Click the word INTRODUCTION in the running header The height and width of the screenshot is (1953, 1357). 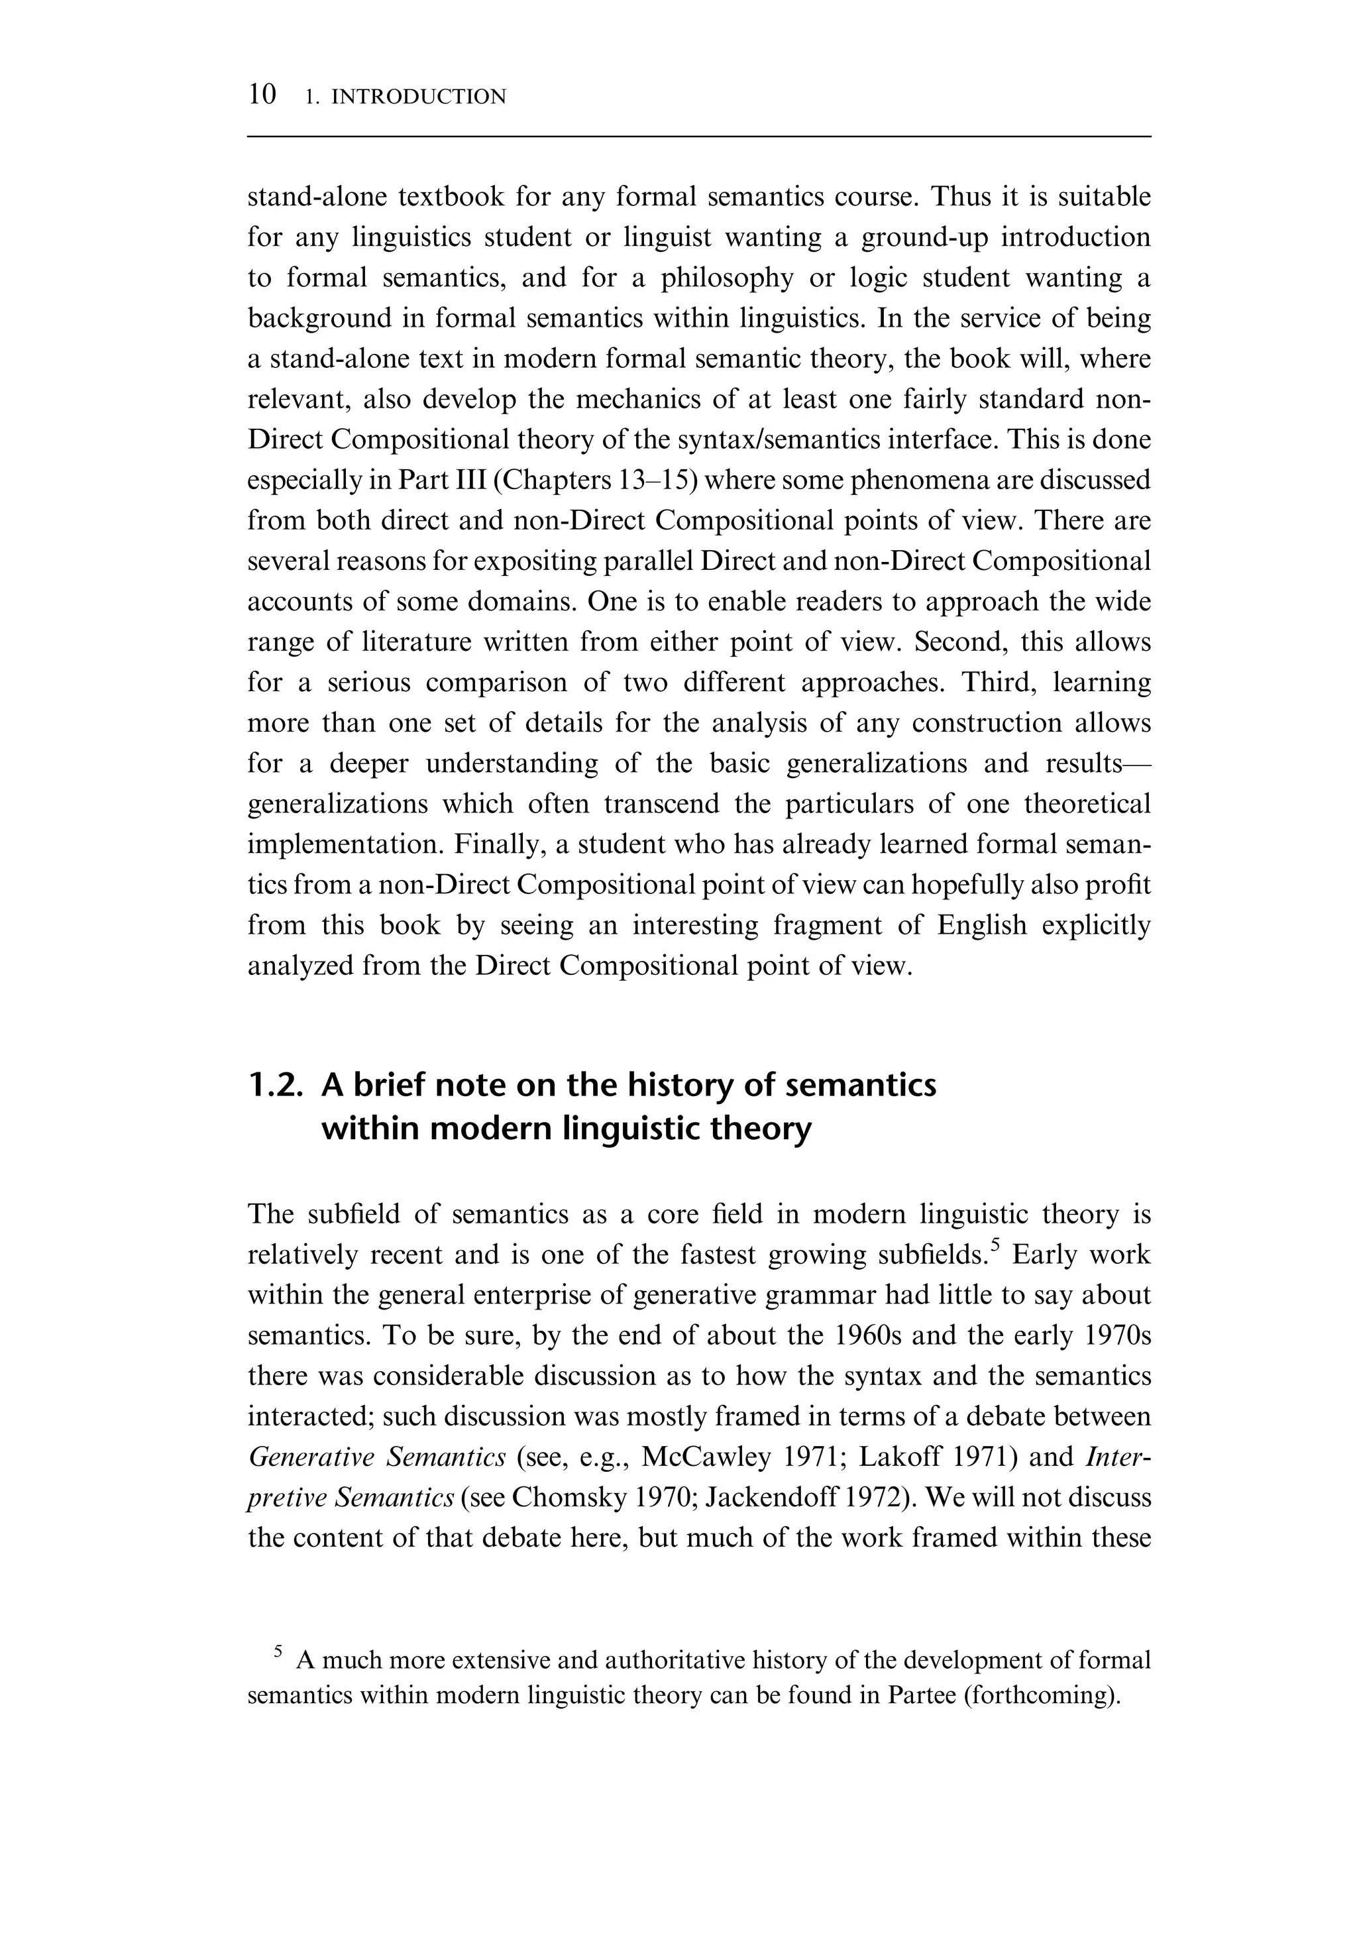(417, 97)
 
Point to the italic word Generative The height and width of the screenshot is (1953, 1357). (311, 1457)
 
